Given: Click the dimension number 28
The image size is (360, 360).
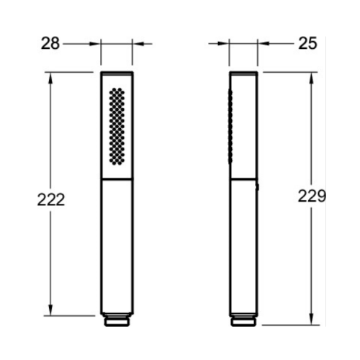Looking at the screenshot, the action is coord(50,44).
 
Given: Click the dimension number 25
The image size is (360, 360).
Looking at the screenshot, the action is coord(307,43).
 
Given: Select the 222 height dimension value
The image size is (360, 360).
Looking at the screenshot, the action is coord(51,199).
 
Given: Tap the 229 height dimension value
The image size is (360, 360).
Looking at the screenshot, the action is coord(312,196).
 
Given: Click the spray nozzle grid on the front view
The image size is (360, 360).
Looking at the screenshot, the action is coord(117,126).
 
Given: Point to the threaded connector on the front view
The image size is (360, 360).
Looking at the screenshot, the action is coord(117,320).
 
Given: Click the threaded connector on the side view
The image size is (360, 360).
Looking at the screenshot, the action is coord(243,320).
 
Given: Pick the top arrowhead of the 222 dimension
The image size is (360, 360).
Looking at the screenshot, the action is coord(50,78).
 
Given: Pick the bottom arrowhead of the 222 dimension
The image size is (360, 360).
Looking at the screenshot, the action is coord(50,310).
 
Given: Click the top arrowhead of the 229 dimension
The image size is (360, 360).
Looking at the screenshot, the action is coord(312,78).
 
